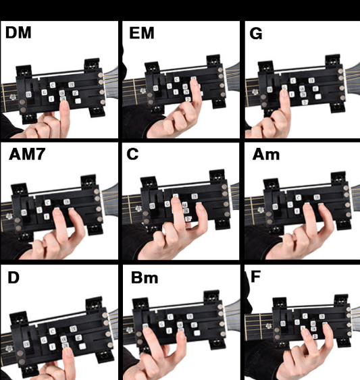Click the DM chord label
coord(18,32)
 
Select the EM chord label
coord(141,32)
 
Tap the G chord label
coord(256,32)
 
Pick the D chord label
coord(14,277)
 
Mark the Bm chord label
coord(141,277)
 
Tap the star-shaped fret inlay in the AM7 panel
coord(9,217)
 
